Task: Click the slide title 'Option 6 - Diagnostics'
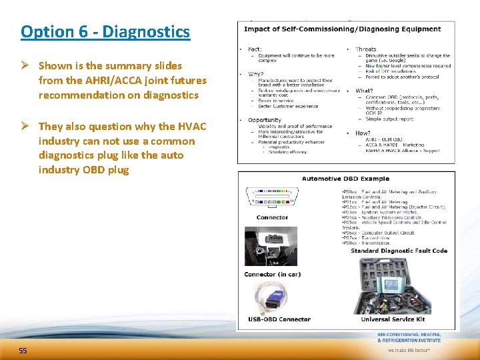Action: tap(105, 31)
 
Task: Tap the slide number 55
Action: tap(23, 351)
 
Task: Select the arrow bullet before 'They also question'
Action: tap(27, 127)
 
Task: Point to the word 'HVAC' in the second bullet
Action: tap(192, 127)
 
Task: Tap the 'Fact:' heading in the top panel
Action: tap(255, 49)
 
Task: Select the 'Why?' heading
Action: tap(255, 74)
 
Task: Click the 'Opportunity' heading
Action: tap(264, 120)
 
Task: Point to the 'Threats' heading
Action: tap(365, 49)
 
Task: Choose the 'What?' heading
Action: tap(364, 91)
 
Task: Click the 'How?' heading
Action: tap(363, 133)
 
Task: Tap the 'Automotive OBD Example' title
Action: tap(345, 179)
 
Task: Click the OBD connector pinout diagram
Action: tap(272, 197)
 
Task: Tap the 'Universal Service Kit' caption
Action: tap(392, 319)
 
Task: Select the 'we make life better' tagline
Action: tap(409, 349)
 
